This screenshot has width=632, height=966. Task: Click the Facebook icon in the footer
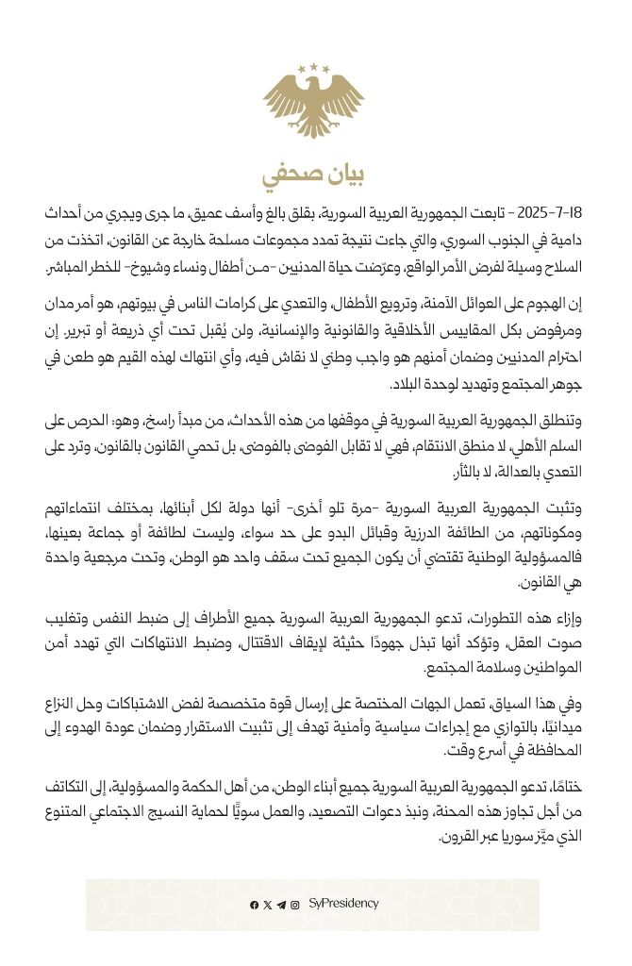point(255,905)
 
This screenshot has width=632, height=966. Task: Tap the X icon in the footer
point(268,905)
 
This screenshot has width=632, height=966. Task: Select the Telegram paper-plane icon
point(281,905)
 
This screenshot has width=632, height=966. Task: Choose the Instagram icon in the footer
point(295,905)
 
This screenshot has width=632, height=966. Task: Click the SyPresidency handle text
point(343,904)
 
